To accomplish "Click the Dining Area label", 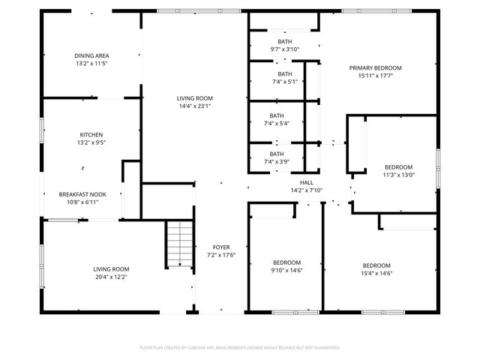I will [x=91, y=55].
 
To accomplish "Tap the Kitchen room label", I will [x=91, y=135].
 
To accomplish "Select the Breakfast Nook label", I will [x=82, y=194].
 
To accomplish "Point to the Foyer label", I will [x=221, y=247].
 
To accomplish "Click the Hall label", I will [x=307, y=182].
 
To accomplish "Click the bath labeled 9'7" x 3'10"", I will [x=285, y=45].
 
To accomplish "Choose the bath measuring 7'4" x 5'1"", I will [x=285, y=77].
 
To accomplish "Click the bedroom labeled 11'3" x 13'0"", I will [x=398, y=171].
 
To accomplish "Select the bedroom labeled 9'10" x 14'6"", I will [x=286, y=267].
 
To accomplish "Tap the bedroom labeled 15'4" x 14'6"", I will [x=376, y=269].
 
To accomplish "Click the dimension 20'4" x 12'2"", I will [x=111, y=277].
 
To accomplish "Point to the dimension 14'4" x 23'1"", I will [x=194, y=106].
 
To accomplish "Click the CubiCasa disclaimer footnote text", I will [x=240, y=347].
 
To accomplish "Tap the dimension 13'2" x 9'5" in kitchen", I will [x=91, y=142].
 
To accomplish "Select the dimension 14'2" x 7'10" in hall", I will [x=307, y=190].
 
